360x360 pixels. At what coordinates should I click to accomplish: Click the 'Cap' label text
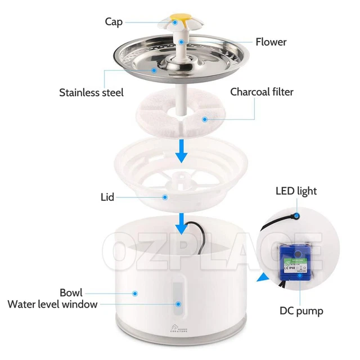click(x=114, y=22)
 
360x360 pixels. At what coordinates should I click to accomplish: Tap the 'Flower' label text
click(x=271, y=42)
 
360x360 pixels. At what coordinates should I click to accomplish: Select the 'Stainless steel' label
click(x=91, y=92)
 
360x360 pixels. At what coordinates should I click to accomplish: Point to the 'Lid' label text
click(x=107, y=197)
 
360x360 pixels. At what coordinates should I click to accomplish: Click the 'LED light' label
click(x=296, y=191)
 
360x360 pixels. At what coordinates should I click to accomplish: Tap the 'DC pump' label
click(x=301, y=310)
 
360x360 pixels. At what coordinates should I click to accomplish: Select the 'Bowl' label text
click(x=71, y=292)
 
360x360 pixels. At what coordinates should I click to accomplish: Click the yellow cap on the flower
click(x=175, y=21)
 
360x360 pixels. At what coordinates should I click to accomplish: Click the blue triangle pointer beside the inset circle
click(x=260, y=277)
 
